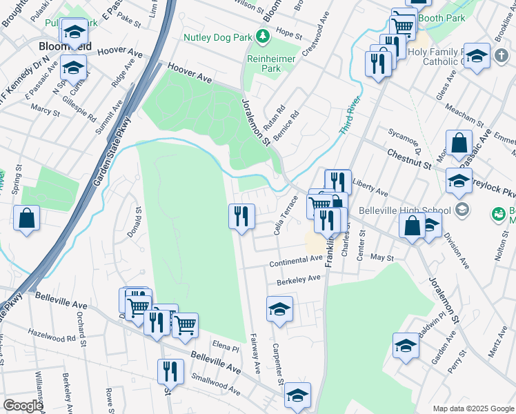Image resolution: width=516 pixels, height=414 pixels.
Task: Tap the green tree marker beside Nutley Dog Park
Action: [261, 35]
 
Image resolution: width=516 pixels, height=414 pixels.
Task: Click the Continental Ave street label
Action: [296, 261]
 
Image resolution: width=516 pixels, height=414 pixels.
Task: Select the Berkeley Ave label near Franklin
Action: [299, 279]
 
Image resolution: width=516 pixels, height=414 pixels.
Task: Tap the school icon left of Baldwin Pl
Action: [406, 346]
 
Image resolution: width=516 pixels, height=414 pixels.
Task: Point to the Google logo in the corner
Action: [23, 405]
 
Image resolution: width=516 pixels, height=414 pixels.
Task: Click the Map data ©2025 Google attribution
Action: [473, 408]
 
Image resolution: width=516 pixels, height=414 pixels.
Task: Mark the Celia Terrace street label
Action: [286, 215]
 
